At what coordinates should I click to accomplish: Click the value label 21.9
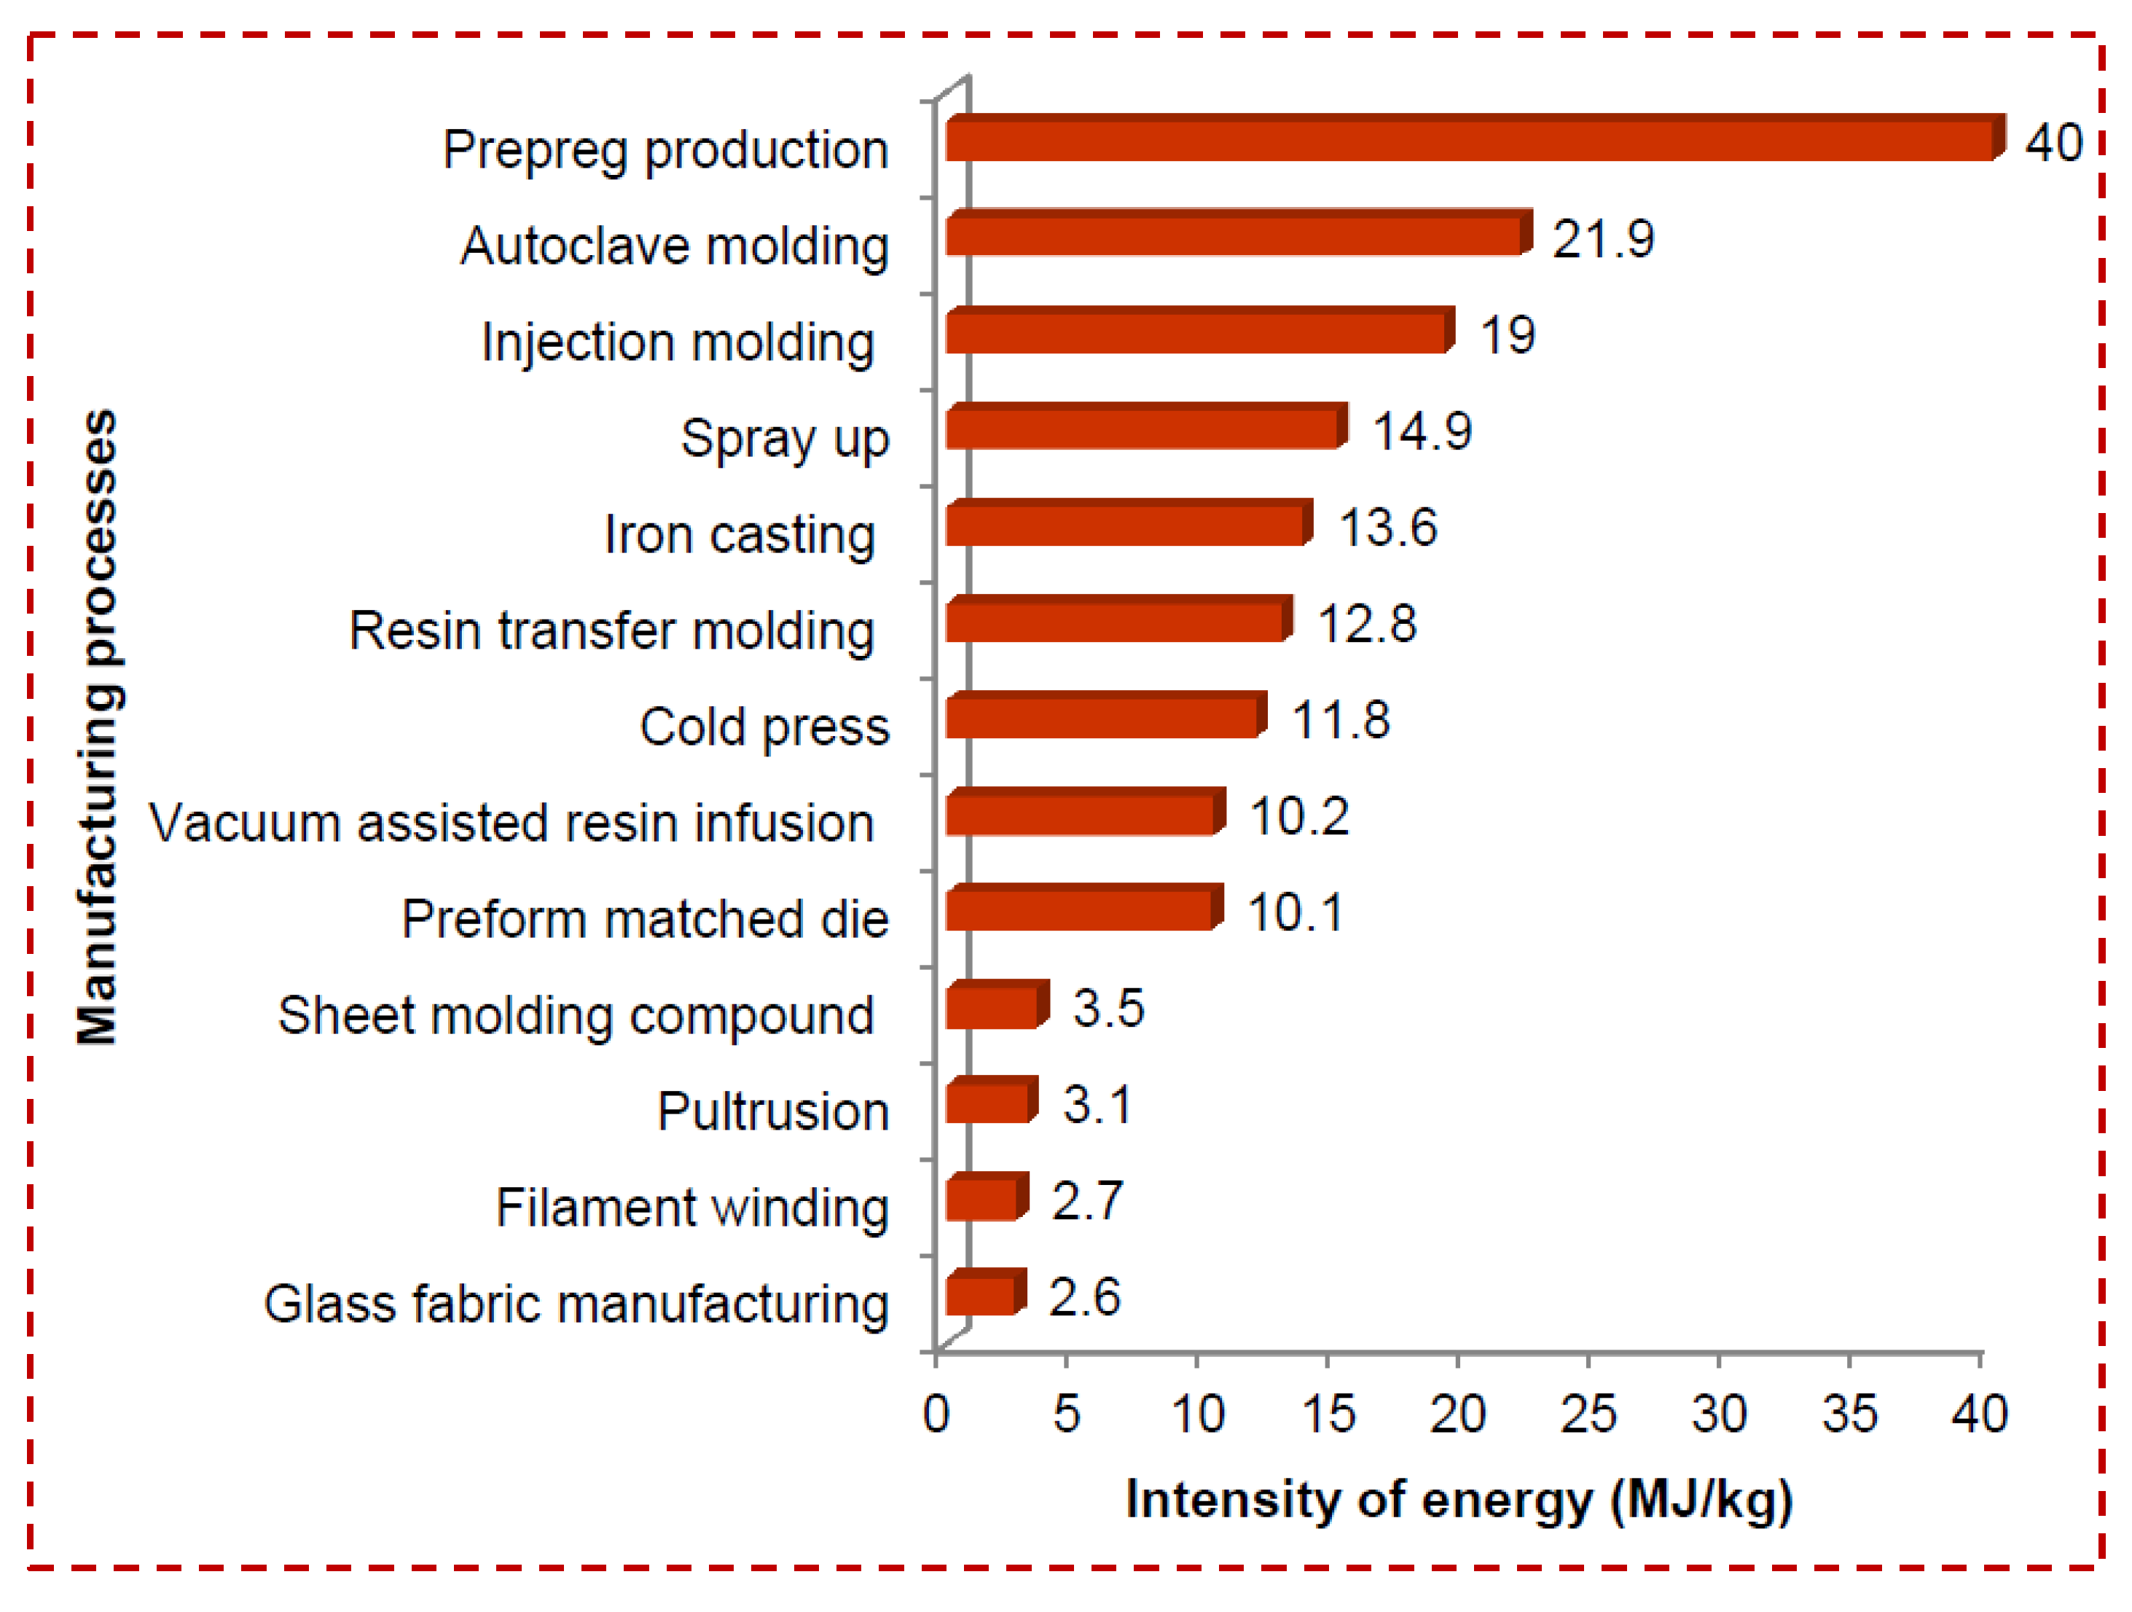[x=1603, y=238]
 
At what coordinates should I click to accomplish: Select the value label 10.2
[x=1298, y=817]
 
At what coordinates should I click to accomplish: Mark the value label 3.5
[x=1108, y=1009]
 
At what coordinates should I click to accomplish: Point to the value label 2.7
[x=1087, y=1201]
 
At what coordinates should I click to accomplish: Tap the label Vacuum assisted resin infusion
[x=511, y=824]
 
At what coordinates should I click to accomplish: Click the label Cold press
[x=764, y=727]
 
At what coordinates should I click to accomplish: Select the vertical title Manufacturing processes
[x=98, y=727]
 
